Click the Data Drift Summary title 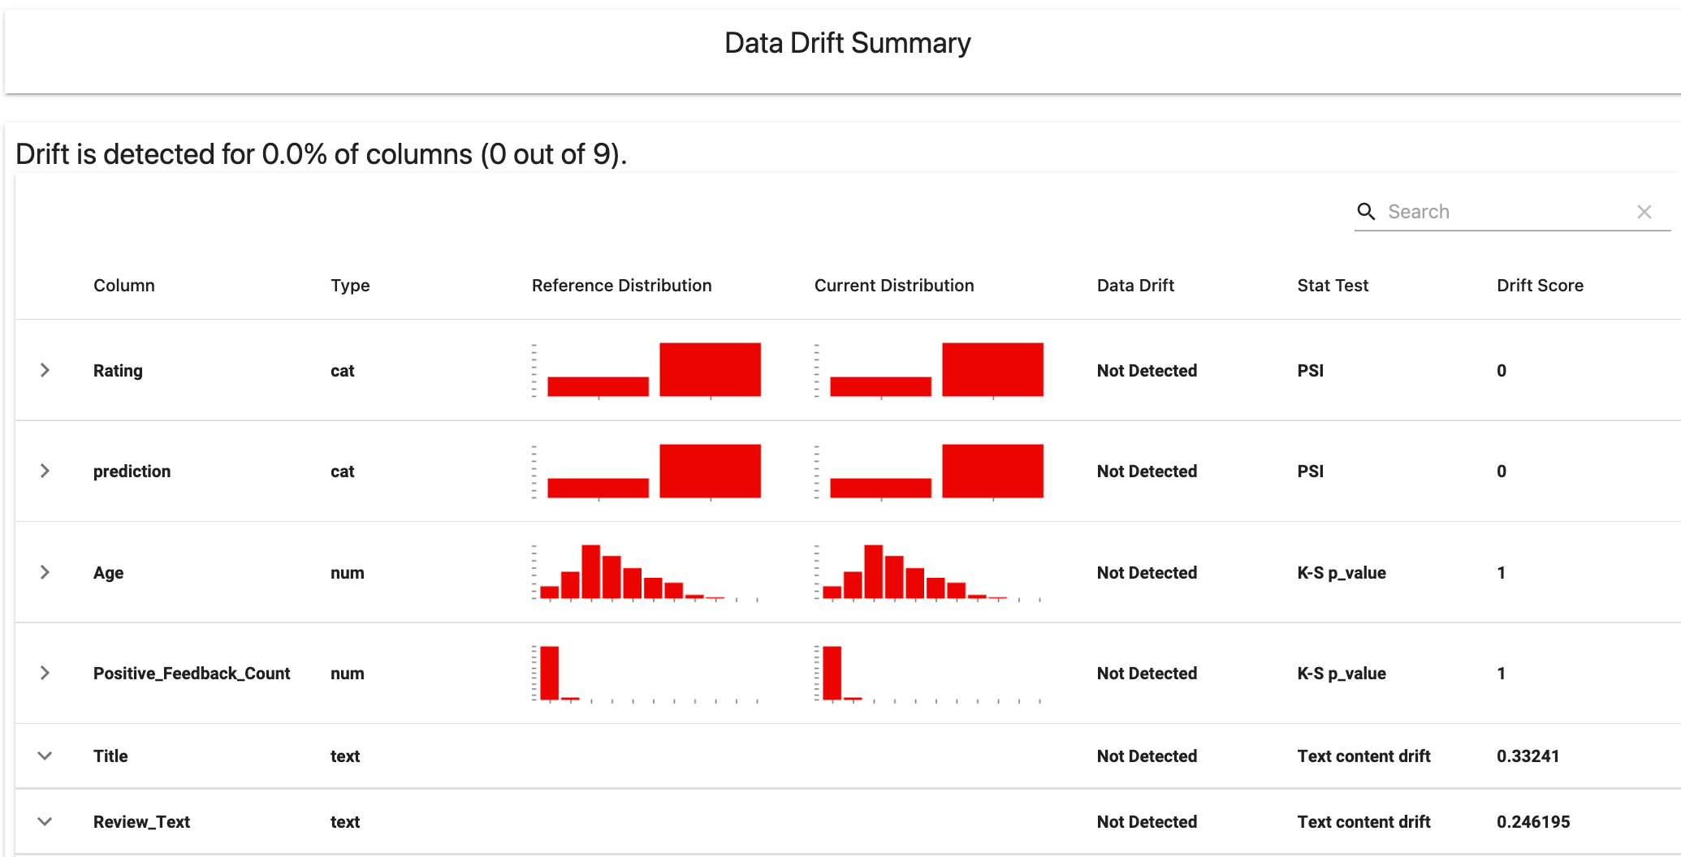click(x=847, y=43)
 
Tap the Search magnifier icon click(x=1366, y=212)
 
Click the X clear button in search click(x=1644, y=212)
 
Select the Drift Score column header click(x=1540, y=286)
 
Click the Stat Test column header click(x=1332, y=286)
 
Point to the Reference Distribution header click(x=621, y=286)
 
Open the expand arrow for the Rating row click(x=45, y=370)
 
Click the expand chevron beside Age click(x=45, y=572)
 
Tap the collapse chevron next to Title click(x=45, y=756)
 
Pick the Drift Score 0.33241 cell click(x=1528, y=756)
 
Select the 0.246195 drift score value click(x=1533, y=822)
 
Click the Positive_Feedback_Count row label click(x=191, y=674)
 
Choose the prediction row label click(x=132, y=472)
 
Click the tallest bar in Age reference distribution click(x=590, y=572)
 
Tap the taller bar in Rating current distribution click(x=992, y=369)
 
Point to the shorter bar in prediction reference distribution click(x=598, y=488)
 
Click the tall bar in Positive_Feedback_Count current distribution click(x=832, y=672)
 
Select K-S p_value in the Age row click(x=1341, y=573)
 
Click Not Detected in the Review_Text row click(x=1147, y=822)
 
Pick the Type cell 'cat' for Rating click(x=342, y=371)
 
